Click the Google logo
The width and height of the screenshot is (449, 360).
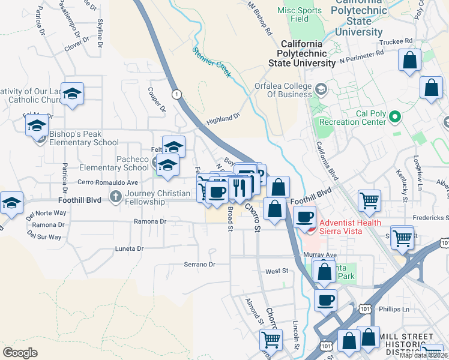pyautogui.click(x=20, y=352)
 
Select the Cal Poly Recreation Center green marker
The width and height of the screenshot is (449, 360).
pyautogui.click(x=394, y=116)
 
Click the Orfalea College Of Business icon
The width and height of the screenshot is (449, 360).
pyautogui.click(x=321, y=90)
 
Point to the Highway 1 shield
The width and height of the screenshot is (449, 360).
pyautogui.click(x=176, y=94)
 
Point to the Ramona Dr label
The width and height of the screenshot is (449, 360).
pyautogui.click(x=150, y=221)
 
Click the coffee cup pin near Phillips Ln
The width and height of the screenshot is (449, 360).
pyautogui.click(x=325, y=299)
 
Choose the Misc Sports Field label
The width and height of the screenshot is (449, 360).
pyautogui.click(x=300, y=14)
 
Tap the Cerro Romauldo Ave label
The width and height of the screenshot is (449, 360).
pyautogui.click(x=108, y=182)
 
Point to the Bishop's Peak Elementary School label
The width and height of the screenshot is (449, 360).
pyautogui.click(x=84, y=139)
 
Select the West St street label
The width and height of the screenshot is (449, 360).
pyautogui.click(x=277, y=271)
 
